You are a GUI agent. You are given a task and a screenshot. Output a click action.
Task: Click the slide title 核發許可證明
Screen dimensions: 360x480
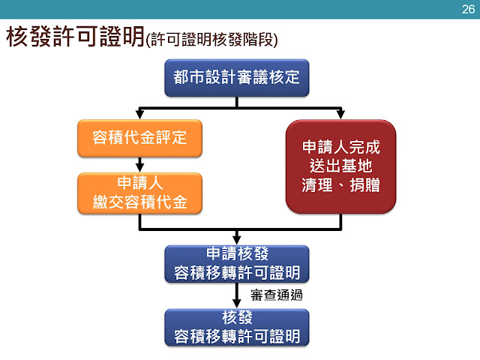tap(76, 37)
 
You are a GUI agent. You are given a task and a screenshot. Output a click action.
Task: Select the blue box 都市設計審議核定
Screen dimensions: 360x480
tap(237, 77)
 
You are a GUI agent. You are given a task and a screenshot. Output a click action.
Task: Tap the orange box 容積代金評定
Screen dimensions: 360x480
tap(139, 137)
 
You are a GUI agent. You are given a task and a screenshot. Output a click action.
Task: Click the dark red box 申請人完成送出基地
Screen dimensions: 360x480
tap(340, 166)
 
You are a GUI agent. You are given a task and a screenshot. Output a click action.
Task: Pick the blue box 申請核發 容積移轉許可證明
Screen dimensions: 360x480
tap(237, 262)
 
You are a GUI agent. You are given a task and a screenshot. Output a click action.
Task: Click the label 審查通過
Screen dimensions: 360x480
tap(276, 295)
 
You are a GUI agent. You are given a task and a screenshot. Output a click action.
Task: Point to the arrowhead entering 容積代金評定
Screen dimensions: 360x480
tap(139, 114)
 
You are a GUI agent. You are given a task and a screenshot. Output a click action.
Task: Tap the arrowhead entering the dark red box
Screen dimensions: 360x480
tap(340, 114)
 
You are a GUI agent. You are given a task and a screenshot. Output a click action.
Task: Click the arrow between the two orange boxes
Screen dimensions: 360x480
tap(139, 164)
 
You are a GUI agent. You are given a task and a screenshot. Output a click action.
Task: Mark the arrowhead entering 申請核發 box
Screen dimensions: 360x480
tap(237, 239)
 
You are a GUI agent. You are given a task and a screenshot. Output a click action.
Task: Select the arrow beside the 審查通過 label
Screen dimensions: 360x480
tap(237, 295)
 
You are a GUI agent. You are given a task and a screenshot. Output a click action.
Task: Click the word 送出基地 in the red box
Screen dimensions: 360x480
tap(340, 166)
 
